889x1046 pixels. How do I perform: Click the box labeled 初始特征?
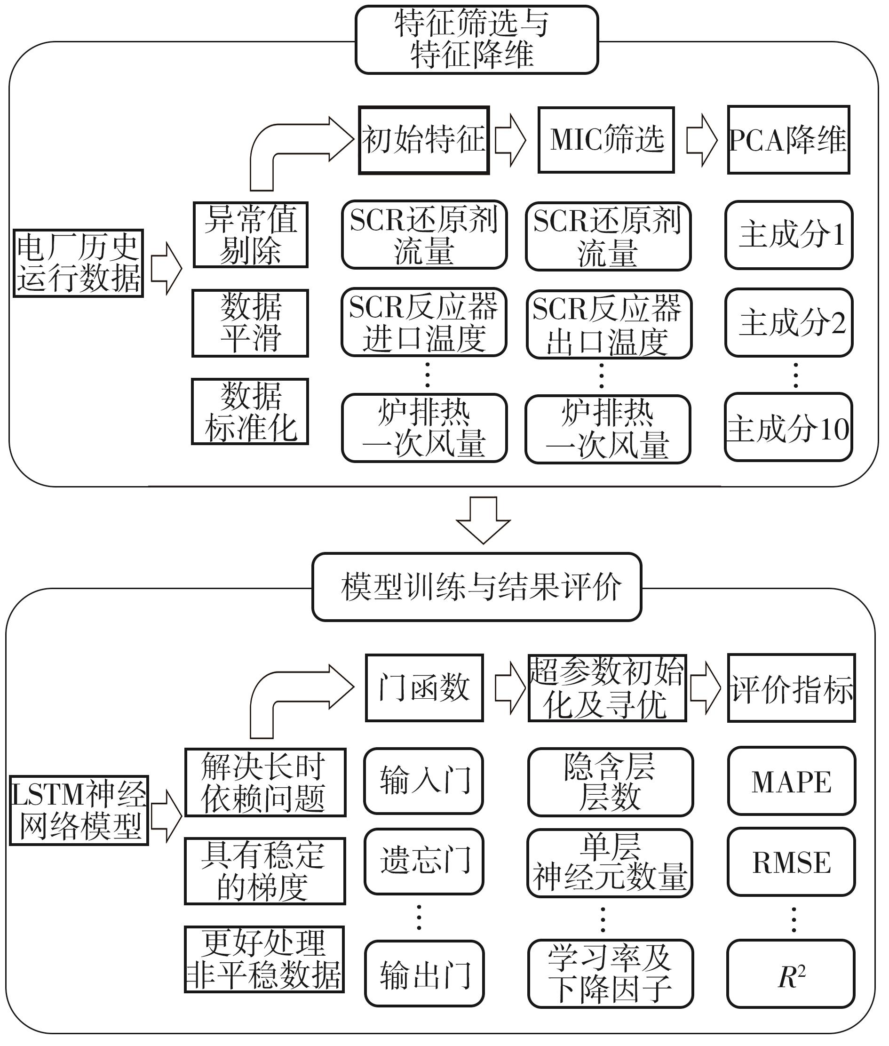tap(424, 140)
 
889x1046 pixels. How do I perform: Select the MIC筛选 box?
tap(606, 140)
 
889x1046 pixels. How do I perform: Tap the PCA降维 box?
tap(789, 140)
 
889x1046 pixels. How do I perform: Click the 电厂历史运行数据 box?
tap(79, 263)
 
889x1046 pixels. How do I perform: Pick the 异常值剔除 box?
tap(250, 235)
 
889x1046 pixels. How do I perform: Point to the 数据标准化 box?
tap(250, 411)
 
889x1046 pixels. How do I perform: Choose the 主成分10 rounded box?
tap(789, 427)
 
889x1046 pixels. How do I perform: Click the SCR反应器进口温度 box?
tap(424, 323)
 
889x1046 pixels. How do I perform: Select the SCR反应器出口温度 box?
tap(609, 324)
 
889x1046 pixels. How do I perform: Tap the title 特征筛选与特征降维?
tap(476, 40)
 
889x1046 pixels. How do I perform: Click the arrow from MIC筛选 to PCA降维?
tap(701, 140)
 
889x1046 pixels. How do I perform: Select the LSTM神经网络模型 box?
tap(79, 810)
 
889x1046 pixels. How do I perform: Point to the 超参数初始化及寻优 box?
tap(607, 688)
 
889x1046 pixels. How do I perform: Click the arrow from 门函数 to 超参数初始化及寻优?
tap(509, 688)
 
